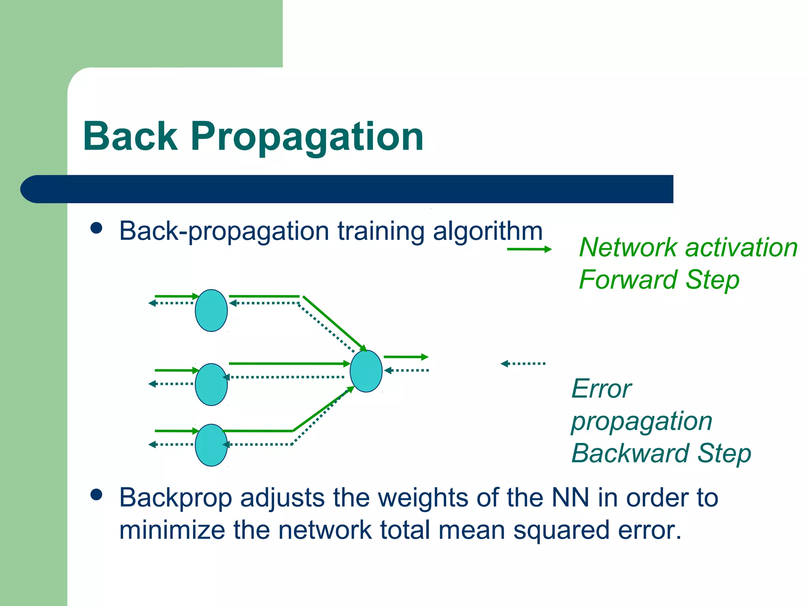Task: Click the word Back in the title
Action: [130, 137]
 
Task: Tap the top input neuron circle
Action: [211, 310]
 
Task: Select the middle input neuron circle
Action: [211, 384]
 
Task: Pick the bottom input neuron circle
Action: [211, 445]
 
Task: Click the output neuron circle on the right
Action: [366, 371]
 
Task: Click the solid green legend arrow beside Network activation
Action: [529, 249]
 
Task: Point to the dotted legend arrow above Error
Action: [523, 363]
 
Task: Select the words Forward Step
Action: [659, 280]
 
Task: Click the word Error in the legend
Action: [601, 389]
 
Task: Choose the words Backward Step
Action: [661, 453]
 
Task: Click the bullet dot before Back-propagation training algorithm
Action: [96, 228]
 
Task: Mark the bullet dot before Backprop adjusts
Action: [96, 495]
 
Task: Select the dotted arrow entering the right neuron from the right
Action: [406, 370]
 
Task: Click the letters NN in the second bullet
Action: [570, 498]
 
